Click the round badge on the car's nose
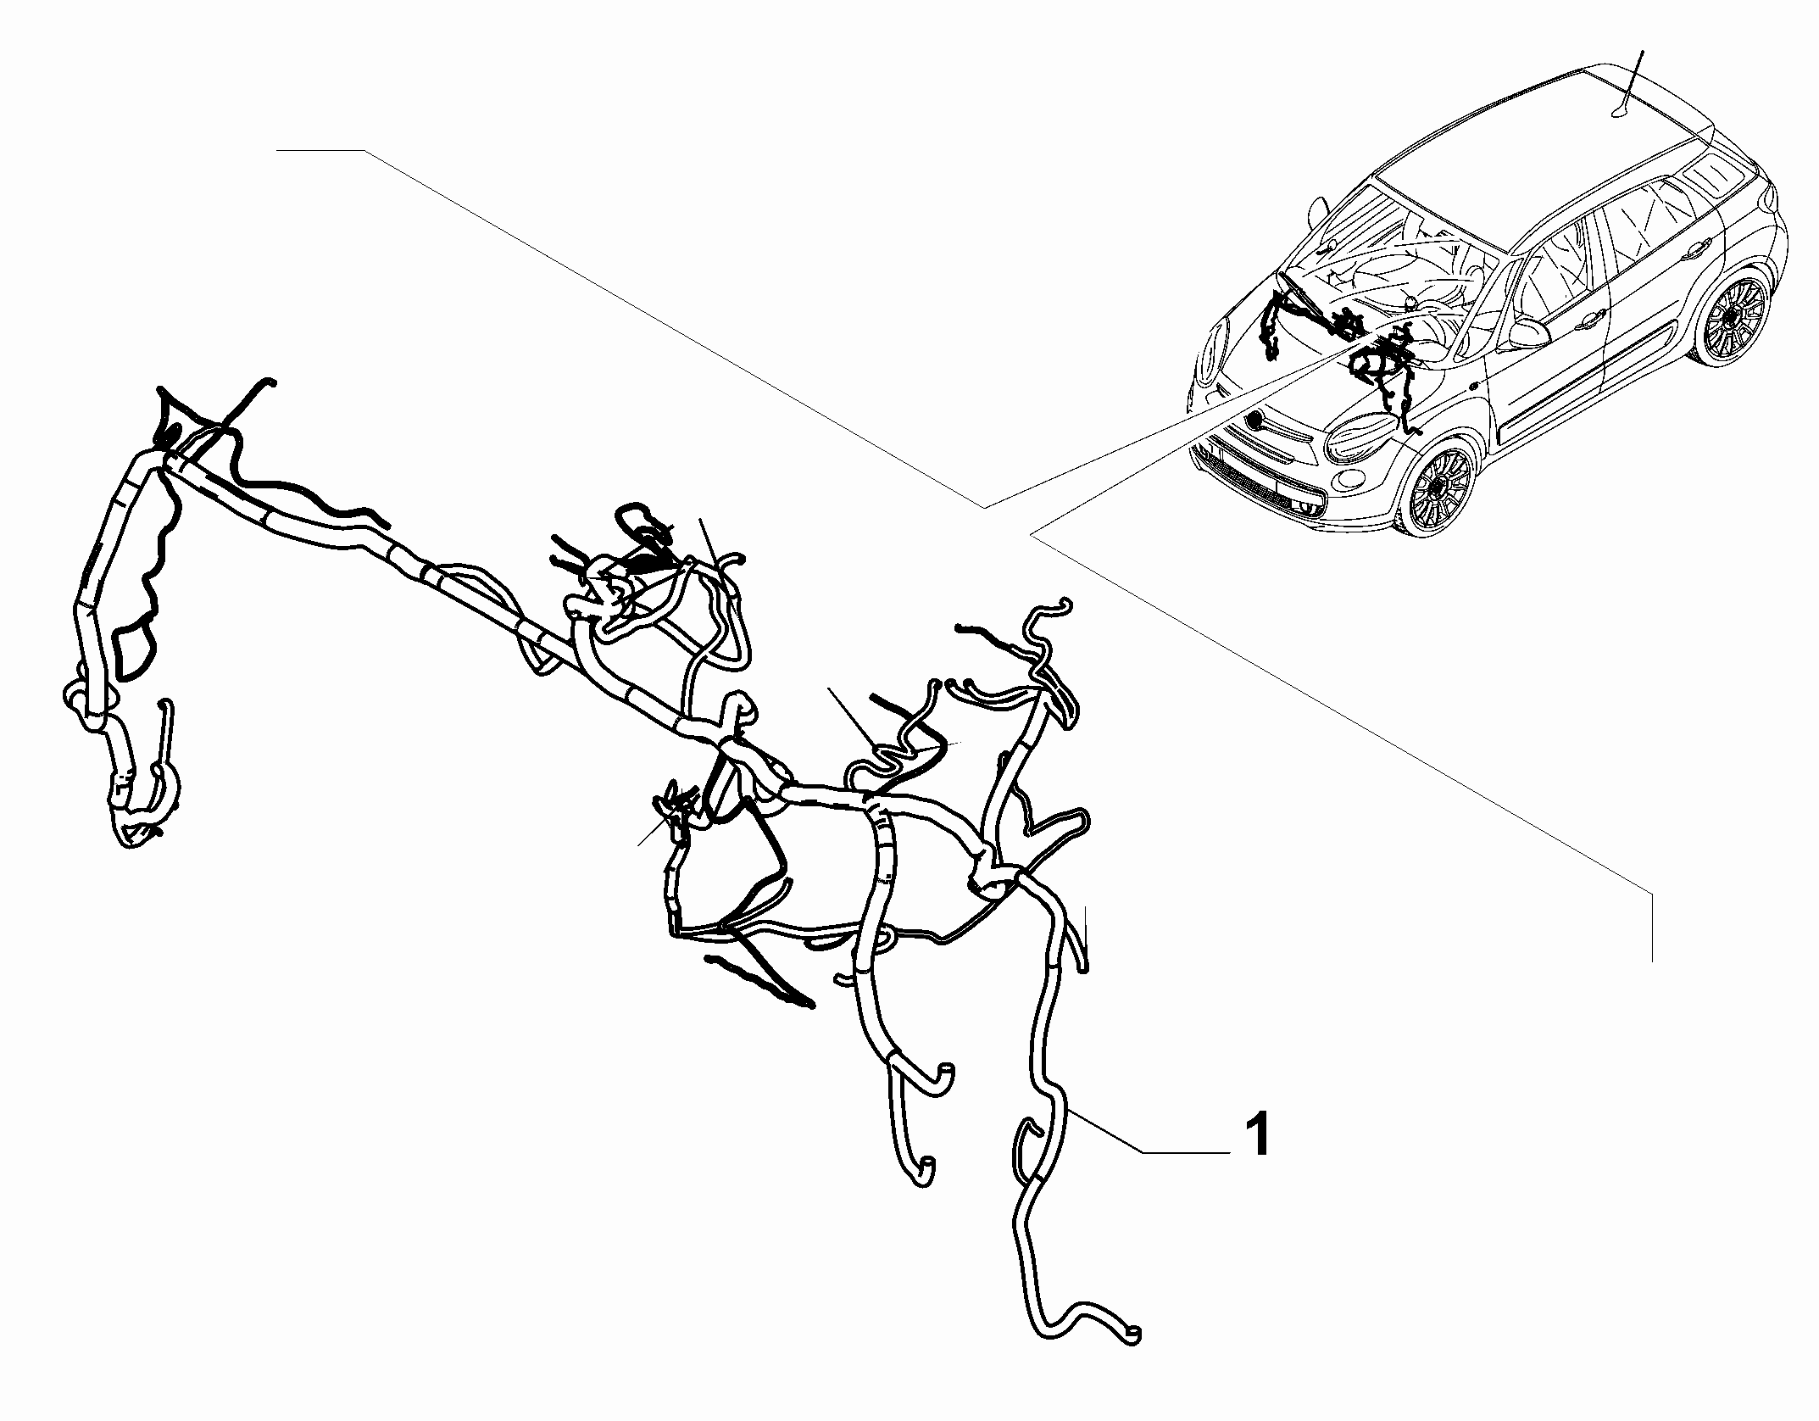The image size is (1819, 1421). [1257, 421]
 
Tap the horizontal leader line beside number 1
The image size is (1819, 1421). [1185, 1151]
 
